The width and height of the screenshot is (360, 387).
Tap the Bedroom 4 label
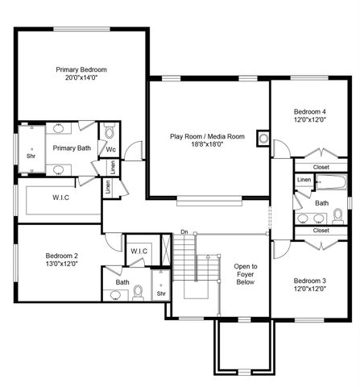310,111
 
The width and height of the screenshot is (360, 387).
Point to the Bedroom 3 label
310,281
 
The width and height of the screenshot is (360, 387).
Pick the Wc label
110,149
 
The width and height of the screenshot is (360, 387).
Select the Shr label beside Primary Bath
31,156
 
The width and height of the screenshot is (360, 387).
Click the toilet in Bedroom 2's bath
138,291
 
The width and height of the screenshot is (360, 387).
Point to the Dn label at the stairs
184,233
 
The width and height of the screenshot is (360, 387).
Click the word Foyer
246,275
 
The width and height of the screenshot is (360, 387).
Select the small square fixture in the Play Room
262,137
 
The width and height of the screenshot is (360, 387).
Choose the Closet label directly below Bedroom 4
321,167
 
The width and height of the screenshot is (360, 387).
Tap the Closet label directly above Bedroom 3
321,230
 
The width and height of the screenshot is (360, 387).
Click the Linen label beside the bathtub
304,179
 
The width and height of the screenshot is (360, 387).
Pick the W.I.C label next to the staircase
139,252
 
